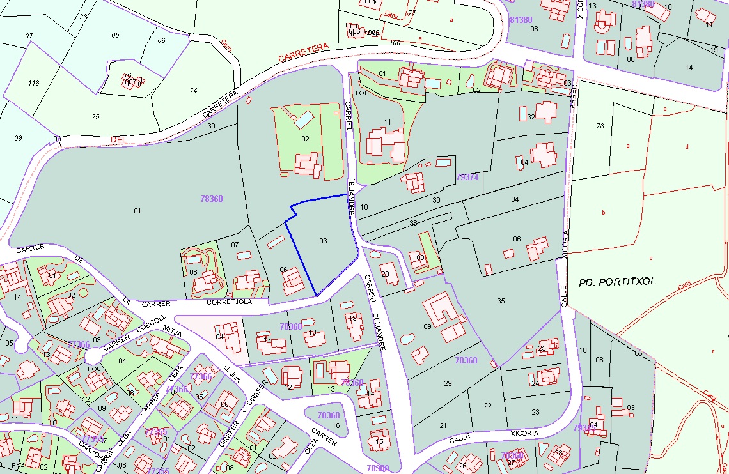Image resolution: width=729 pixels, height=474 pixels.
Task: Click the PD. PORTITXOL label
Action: point(617,282)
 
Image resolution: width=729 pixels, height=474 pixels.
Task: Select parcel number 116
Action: point(33,83)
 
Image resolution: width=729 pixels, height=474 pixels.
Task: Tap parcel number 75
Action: point(96,116)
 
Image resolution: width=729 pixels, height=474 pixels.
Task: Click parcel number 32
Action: point(530,117)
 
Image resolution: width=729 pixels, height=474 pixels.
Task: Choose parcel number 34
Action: point(515,200)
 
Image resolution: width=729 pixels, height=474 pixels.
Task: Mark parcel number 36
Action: point(413,223)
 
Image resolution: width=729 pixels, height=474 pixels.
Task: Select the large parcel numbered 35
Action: point(501,301)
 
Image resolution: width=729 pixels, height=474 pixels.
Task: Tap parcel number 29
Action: point(448,383)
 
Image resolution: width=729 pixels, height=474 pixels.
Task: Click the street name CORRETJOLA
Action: point(230,302)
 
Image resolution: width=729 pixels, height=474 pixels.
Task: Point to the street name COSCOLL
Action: point(151,323)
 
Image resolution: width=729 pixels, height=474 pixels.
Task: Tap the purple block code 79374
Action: point(467,177)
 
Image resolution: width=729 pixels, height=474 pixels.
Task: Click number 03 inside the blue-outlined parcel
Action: point(323,241)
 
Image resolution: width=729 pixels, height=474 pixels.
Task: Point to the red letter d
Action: point(687,147)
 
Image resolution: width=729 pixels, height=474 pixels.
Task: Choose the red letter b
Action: point(603,211)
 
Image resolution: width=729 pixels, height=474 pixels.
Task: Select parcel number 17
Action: point(267,339)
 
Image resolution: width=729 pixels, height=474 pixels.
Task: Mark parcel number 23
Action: point(535,412)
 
